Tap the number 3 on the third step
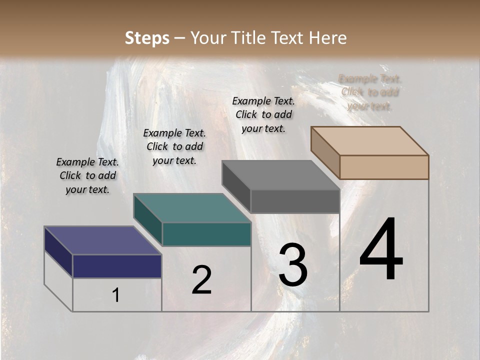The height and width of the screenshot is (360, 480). (293, 265)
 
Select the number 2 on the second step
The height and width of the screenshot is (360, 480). (201, 280)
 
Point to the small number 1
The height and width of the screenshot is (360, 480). (115, 295)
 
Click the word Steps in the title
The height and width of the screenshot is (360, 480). (147, 38)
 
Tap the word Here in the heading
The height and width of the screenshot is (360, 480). (328, 38)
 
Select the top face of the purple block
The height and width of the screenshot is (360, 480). (102, 240)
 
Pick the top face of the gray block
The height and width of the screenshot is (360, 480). (280, 175)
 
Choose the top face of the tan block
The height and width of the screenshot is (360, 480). (369, 141)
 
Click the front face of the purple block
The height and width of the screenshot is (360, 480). (117, 266)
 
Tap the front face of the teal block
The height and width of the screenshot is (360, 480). (206, 234)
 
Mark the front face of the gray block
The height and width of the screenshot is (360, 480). (295, 201)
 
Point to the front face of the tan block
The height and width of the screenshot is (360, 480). (384, 167)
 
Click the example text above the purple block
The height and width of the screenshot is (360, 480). (87, 175)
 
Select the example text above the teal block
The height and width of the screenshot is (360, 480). (174, 146)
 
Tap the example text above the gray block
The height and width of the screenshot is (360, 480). (263, 114)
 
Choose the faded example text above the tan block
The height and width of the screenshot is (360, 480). (370, 92)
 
